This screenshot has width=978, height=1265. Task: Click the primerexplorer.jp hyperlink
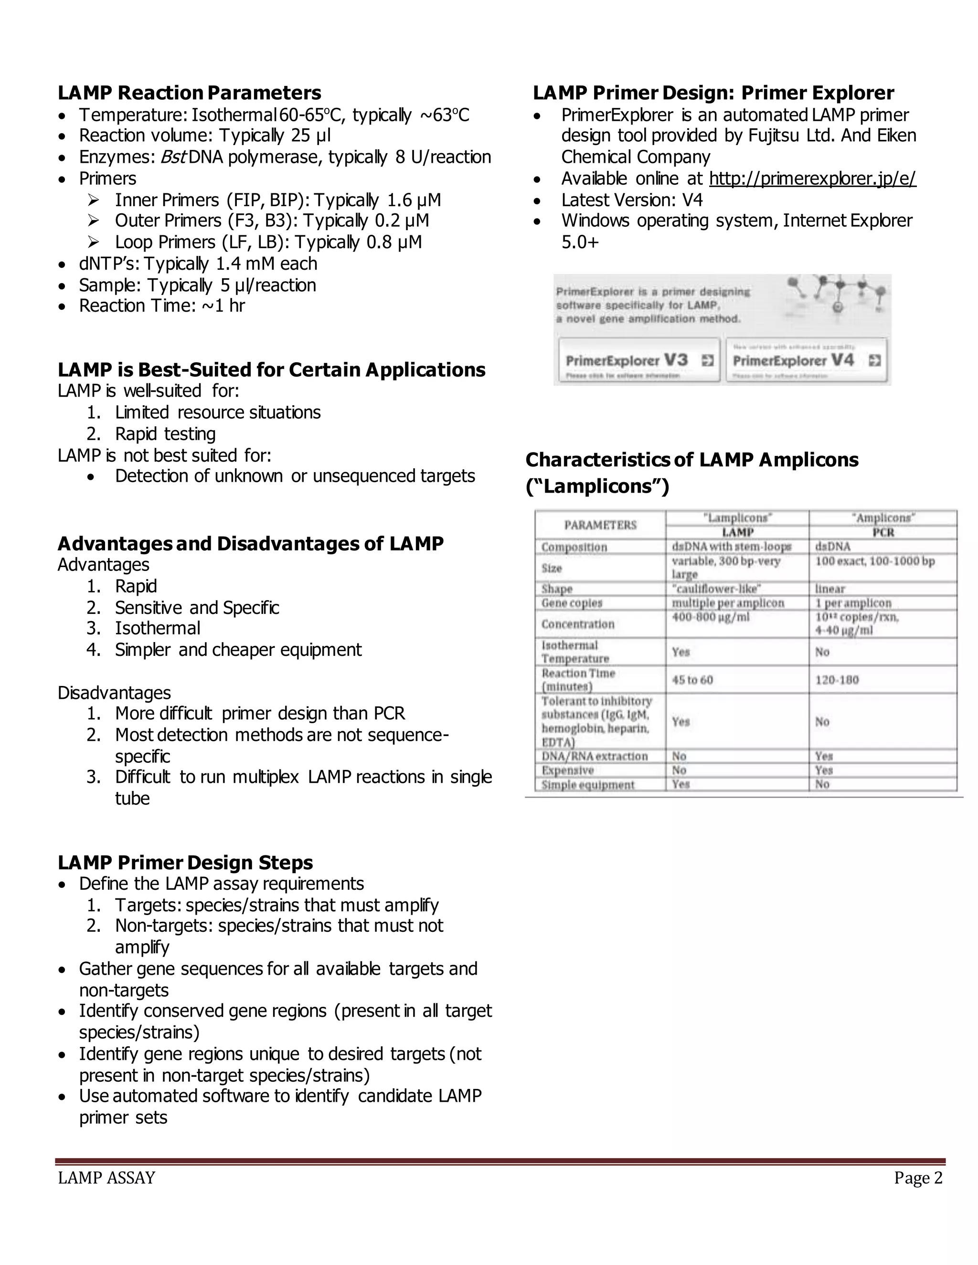(812, 179)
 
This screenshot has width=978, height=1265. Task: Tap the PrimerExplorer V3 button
(638, 360)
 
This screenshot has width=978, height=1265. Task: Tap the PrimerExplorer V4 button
(805, 360)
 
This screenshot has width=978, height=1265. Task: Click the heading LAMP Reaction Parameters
(189, 93)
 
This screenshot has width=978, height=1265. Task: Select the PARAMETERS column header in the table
(600, 525)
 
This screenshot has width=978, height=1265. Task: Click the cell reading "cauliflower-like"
(716, 589)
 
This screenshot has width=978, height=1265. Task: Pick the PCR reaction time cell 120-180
(837, 680)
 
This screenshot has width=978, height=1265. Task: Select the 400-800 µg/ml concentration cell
(710, 617)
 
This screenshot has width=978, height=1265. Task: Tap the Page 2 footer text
(918, 1178)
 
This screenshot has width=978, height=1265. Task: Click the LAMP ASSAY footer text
(106, 1178)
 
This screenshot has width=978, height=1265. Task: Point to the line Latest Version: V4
(631, 200)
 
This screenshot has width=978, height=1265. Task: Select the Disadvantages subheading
(114, 693)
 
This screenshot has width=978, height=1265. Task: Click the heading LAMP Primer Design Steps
(185, 863)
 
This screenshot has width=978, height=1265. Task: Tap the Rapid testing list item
(165, 434)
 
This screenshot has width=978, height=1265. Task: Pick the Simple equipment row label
(587, 785)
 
